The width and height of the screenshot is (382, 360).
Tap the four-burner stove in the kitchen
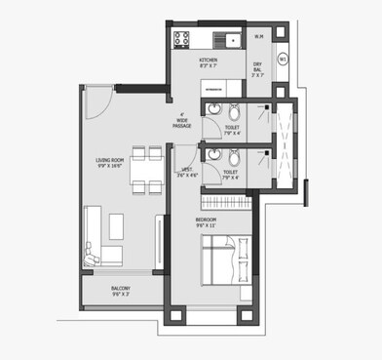pos(181,39)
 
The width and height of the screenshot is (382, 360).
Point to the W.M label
pos(258,37)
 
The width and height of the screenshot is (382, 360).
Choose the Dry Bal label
pos(258,69)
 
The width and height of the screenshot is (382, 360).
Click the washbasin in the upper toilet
pos(210,111)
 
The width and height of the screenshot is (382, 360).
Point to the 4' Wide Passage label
pos(182,120)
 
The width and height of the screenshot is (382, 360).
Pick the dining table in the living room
pos(146,171)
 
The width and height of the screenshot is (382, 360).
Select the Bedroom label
pos(207,223)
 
